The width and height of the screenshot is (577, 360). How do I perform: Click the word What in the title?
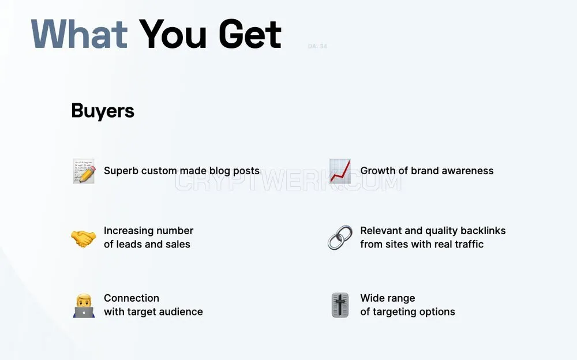[x=79, y=34]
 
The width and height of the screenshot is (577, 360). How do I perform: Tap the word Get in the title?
[x=250, y=34]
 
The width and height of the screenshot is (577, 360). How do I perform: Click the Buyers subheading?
[x=103, y=111]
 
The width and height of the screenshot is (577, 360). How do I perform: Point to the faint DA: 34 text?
[x=317, y=46]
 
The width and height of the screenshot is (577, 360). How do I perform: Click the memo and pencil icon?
[x=84, y=171]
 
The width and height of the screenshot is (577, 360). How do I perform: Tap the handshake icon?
[x=84, y=238]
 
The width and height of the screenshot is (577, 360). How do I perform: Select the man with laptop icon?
[x=84, y=306]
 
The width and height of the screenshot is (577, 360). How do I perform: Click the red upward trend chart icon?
[x=340, y=171]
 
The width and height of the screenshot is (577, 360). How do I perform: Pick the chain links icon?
[x=340, y=238]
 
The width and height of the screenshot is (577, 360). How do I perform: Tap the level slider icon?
[x=340, y=305]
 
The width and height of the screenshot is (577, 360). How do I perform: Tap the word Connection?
[x=132, y=298]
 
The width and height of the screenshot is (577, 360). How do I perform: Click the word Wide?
[x=371, y=298]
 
